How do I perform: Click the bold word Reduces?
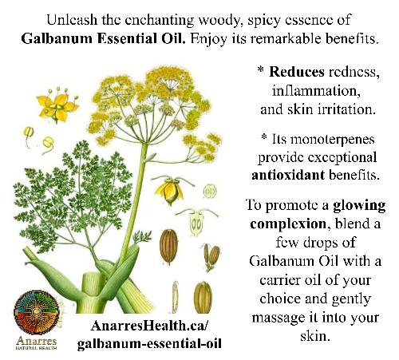click(297, 72)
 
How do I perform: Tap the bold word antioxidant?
click(288, 175)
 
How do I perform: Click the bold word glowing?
click(359, 206)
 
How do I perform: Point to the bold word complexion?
click(288, 224)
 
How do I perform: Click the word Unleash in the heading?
click(72, 20)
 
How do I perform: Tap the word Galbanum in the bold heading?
click(57, 38)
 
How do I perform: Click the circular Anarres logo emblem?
click(36, 312)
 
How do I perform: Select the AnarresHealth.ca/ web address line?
click(148, 326)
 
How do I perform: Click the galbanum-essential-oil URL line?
click(149, 343)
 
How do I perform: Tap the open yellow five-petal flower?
click(57, 105)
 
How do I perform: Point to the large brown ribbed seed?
click(168, 247)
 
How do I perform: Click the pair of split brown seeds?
click(212, 257)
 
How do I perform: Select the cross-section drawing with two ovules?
click(197, 223)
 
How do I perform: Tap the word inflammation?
click(316, 91)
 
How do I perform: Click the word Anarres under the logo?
click(37, 341)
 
